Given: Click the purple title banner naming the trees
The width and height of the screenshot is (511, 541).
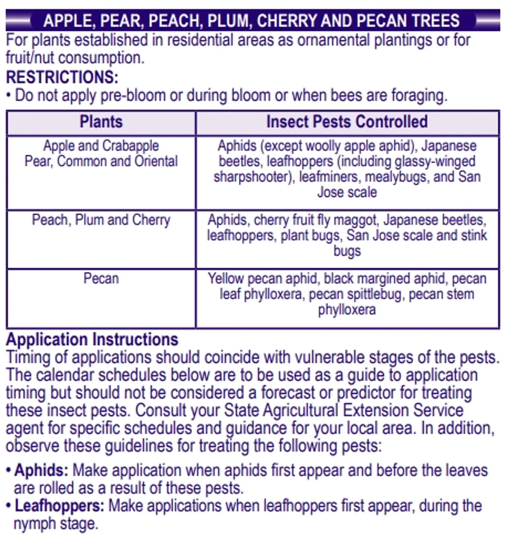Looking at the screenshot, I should pyautogui.click(x=252, y=20).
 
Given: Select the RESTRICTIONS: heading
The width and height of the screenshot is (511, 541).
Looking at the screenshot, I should pyautogui.click(x=62, y=77).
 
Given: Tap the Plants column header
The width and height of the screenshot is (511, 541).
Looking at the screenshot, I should pyautogui.click(x=101, y=122).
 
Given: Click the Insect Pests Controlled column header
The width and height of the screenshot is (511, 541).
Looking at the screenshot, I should pyautogui.click(x=347, y=122).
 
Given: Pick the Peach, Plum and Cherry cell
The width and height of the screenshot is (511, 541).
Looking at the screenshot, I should pyautogui.click(x=101, y=220).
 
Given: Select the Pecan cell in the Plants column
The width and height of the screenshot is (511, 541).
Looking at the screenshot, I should pyautogui.click(x=101, y=279).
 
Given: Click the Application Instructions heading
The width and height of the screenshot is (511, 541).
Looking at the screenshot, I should pyautogui.click(x=92, y=340).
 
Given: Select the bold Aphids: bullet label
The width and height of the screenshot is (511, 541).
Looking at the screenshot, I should pyautogui.click(x=41, y=470).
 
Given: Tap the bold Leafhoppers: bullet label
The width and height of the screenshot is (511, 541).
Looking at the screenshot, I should pyautogui.click(x=59, y=506).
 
